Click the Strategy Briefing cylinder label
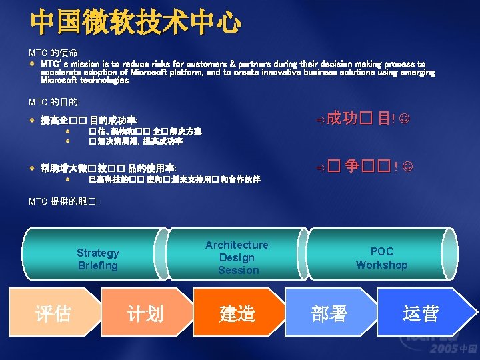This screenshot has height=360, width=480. [x=97, y=259]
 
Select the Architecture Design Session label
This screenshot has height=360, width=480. [x=237, y=257]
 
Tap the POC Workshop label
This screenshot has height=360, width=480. [x=381, y=258]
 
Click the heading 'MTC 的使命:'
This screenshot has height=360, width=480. [x=54, y=52]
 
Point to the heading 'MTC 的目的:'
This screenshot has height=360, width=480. [x=54, y=102]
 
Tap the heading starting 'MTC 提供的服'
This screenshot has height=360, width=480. [x=64, y=201]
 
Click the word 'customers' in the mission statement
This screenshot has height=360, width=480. [x=212, y=64]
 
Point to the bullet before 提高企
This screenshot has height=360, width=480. [x=33, y=121]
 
